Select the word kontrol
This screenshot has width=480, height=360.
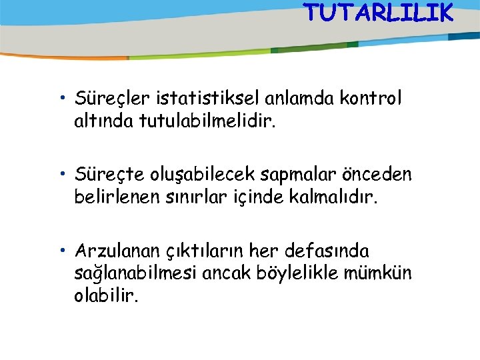(x=371, y=99)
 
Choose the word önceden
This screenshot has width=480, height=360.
(x=376, y=175)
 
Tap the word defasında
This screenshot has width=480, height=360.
(x=327, y=251)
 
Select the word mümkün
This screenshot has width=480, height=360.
(x=384, y=273)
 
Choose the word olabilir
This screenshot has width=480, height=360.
(x=107, y=294)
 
